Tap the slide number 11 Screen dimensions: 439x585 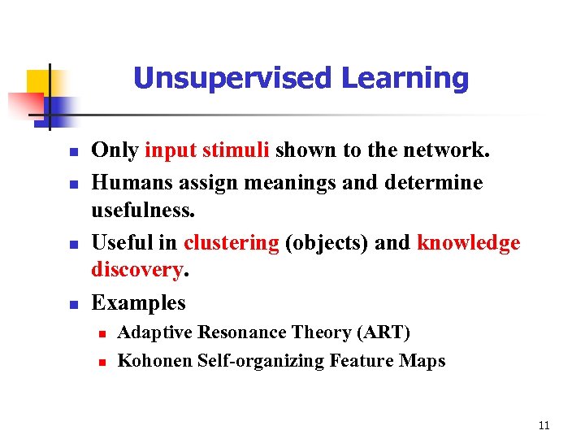coord(544,425)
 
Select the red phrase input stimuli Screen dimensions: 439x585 coord(208,150)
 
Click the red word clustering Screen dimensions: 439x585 coord(231,243)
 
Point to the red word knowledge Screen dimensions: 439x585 coord(468,243)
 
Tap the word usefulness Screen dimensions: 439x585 coord(141,210)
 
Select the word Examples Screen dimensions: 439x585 coord(138,302)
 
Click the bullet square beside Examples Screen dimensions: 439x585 coord(72,306)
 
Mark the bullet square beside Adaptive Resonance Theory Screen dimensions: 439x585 coord(101,334)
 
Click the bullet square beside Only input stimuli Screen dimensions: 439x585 coord(72,153)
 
